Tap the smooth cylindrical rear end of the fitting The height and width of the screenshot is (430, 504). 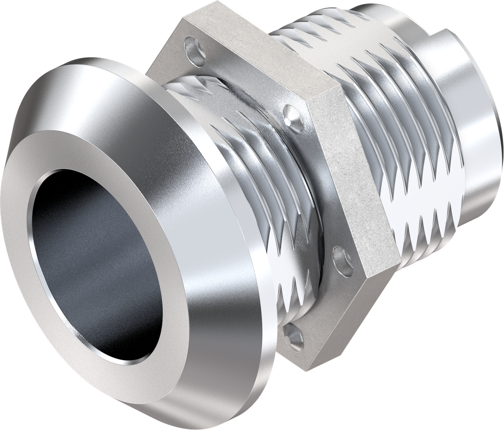point(472,99)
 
